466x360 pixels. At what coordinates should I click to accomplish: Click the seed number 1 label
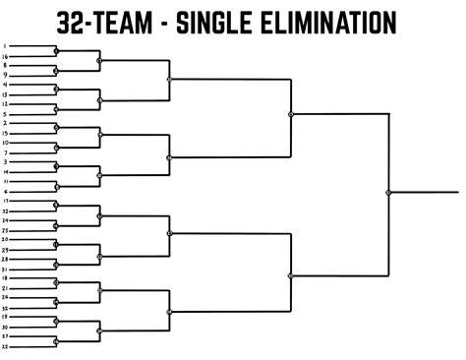pos(6,46)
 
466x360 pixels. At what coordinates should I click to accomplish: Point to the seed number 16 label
pos(6,56)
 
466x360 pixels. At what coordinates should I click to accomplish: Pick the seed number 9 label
pos(6,75)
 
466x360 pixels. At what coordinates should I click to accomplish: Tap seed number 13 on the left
pos(6,94)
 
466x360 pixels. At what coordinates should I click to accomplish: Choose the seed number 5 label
pos(6,113)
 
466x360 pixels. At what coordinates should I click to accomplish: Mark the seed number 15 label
pos(6,133)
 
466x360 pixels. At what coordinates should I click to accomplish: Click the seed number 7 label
pos(6,152)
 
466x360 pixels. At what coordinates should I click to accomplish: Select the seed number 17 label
pos(6,201)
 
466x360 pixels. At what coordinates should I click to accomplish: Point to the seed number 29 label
pos(6,249)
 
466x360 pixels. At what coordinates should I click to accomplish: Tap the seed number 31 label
pos(6,269)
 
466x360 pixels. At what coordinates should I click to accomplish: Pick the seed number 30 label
pos(6,327)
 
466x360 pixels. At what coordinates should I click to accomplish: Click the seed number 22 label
pos(6,345)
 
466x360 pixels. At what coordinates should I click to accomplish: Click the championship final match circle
pos(388,193)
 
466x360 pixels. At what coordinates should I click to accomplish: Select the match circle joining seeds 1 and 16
pos(56,51)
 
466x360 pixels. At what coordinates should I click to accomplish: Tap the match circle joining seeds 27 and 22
pos(56,340)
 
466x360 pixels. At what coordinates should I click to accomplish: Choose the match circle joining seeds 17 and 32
pos(56,206)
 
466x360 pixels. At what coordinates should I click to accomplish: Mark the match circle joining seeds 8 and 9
pos(56,70)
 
